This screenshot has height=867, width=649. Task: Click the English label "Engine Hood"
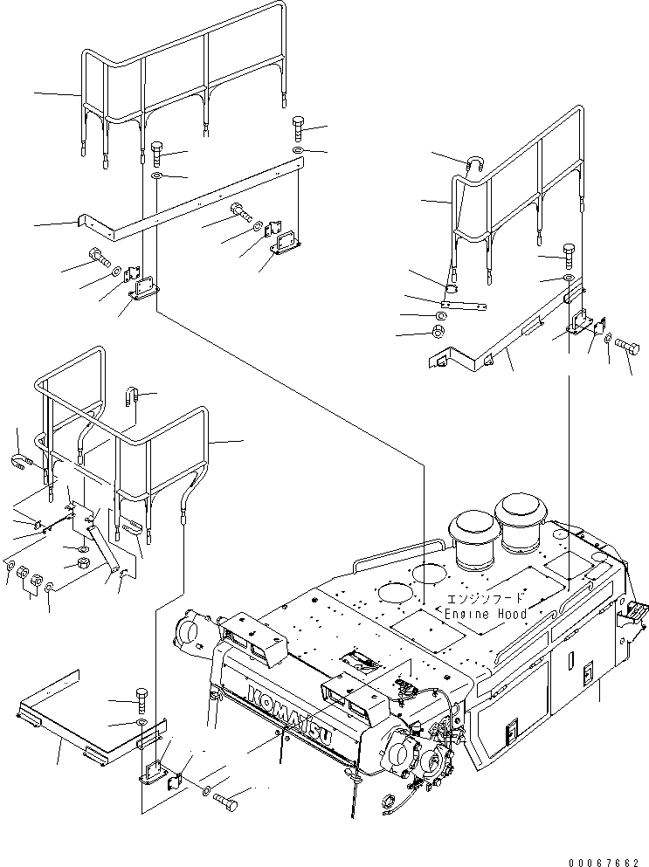485,614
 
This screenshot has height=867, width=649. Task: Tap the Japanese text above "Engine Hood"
487,599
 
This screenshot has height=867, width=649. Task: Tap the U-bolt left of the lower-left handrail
23,460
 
